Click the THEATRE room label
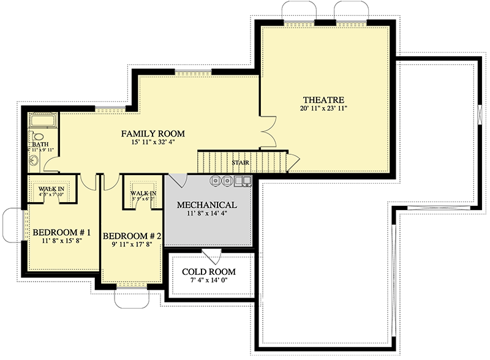point(325,100)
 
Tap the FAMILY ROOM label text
point(153,133)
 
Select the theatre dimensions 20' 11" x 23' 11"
point(325,109)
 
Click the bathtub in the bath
point(42,121)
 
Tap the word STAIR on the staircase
point(239,163)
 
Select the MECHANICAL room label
point(206,204)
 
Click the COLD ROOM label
point(208,272)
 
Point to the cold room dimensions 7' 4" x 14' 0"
point(208,281)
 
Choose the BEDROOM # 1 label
point(61,233)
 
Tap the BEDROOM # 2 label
point(132,236)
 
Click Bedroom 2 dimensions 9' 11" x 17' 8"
point(132,244)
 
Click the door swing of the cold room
point(213,256)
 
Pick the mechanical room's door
point(179,181)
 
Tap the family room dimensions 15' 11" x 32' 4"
point(153,143)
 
